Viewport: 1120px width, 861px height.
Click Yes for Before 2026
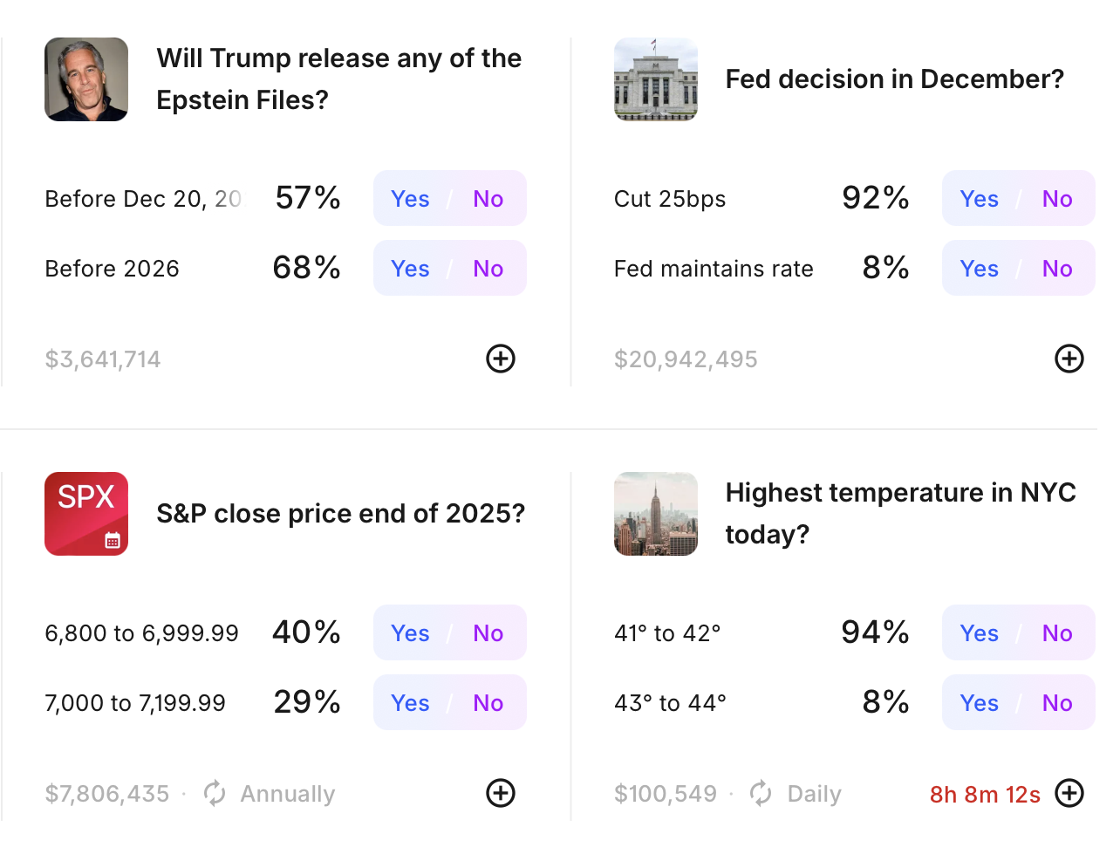pos(410,269)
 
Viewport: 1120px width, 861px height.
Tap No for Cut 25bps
pos(1056,199)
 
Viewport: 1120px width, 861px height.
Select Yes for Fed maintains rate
pos(979,269)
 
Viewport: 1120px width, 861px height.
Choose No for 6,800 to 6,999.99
pos(488,633)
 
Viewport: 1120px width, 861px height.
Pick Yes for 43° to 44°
pos(979,703)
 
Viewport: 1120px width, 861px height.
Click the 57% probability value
pos(307,198)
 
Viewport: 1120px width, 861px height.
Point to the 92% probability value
pos(875,198)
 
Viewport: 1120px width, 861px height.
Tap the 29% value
pos(306,702)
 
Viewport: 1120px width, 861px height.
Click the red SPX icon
pos(86,514)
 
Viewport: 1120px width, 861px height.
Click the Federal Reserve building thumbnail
pos(656,79)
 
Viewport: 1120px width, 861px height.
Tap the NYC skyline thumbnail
pos(656,514)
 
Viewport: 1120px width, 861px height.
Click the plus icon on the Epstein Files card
pos(501,359)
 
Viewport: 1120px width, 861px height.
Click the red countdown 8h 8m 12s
pos(984,795)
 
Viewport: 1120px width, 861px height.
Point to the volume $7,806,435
pos(107,794)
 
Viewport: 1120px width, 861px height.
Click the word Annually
pos(288,794)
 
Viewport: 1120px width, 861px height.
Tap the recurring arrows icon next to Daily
pos(761,793)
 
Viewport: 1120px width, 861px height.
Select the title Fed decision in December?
pos(894,79)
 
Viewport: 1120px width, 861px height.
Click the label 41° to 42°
pos(667,633)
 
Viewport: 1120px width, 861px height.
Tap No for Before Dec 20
pos(488,199)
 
